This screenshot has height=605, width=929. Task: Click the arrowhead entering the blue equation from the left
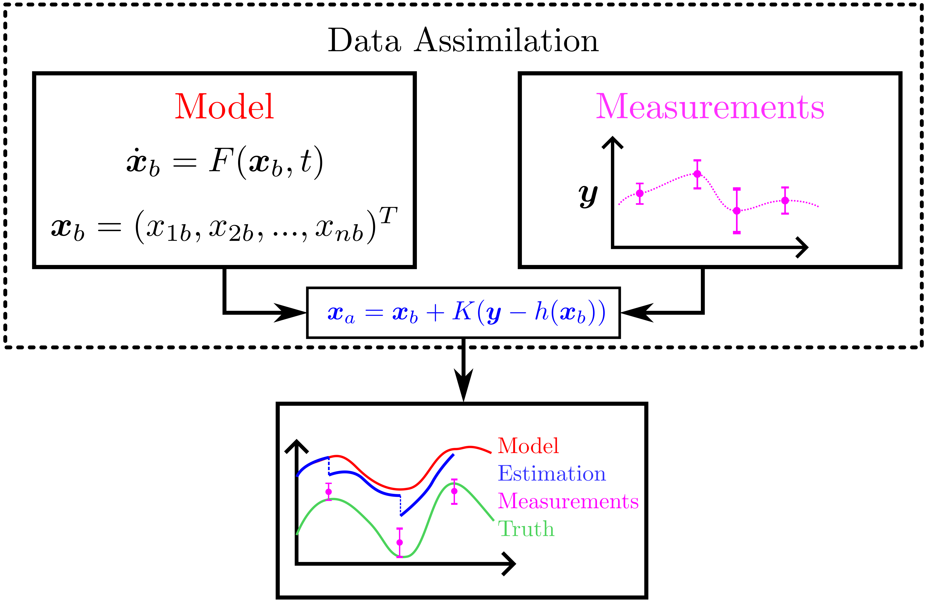291,313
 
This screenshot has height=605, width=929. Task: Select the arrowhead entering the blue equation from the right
636,313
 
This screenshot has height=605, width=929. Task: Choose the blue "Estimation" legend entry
552,473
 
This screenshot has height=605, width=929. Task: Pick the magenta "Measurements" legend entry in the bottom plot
568,501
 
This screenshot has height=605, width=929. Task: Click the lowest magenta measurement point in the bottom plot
400,543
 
